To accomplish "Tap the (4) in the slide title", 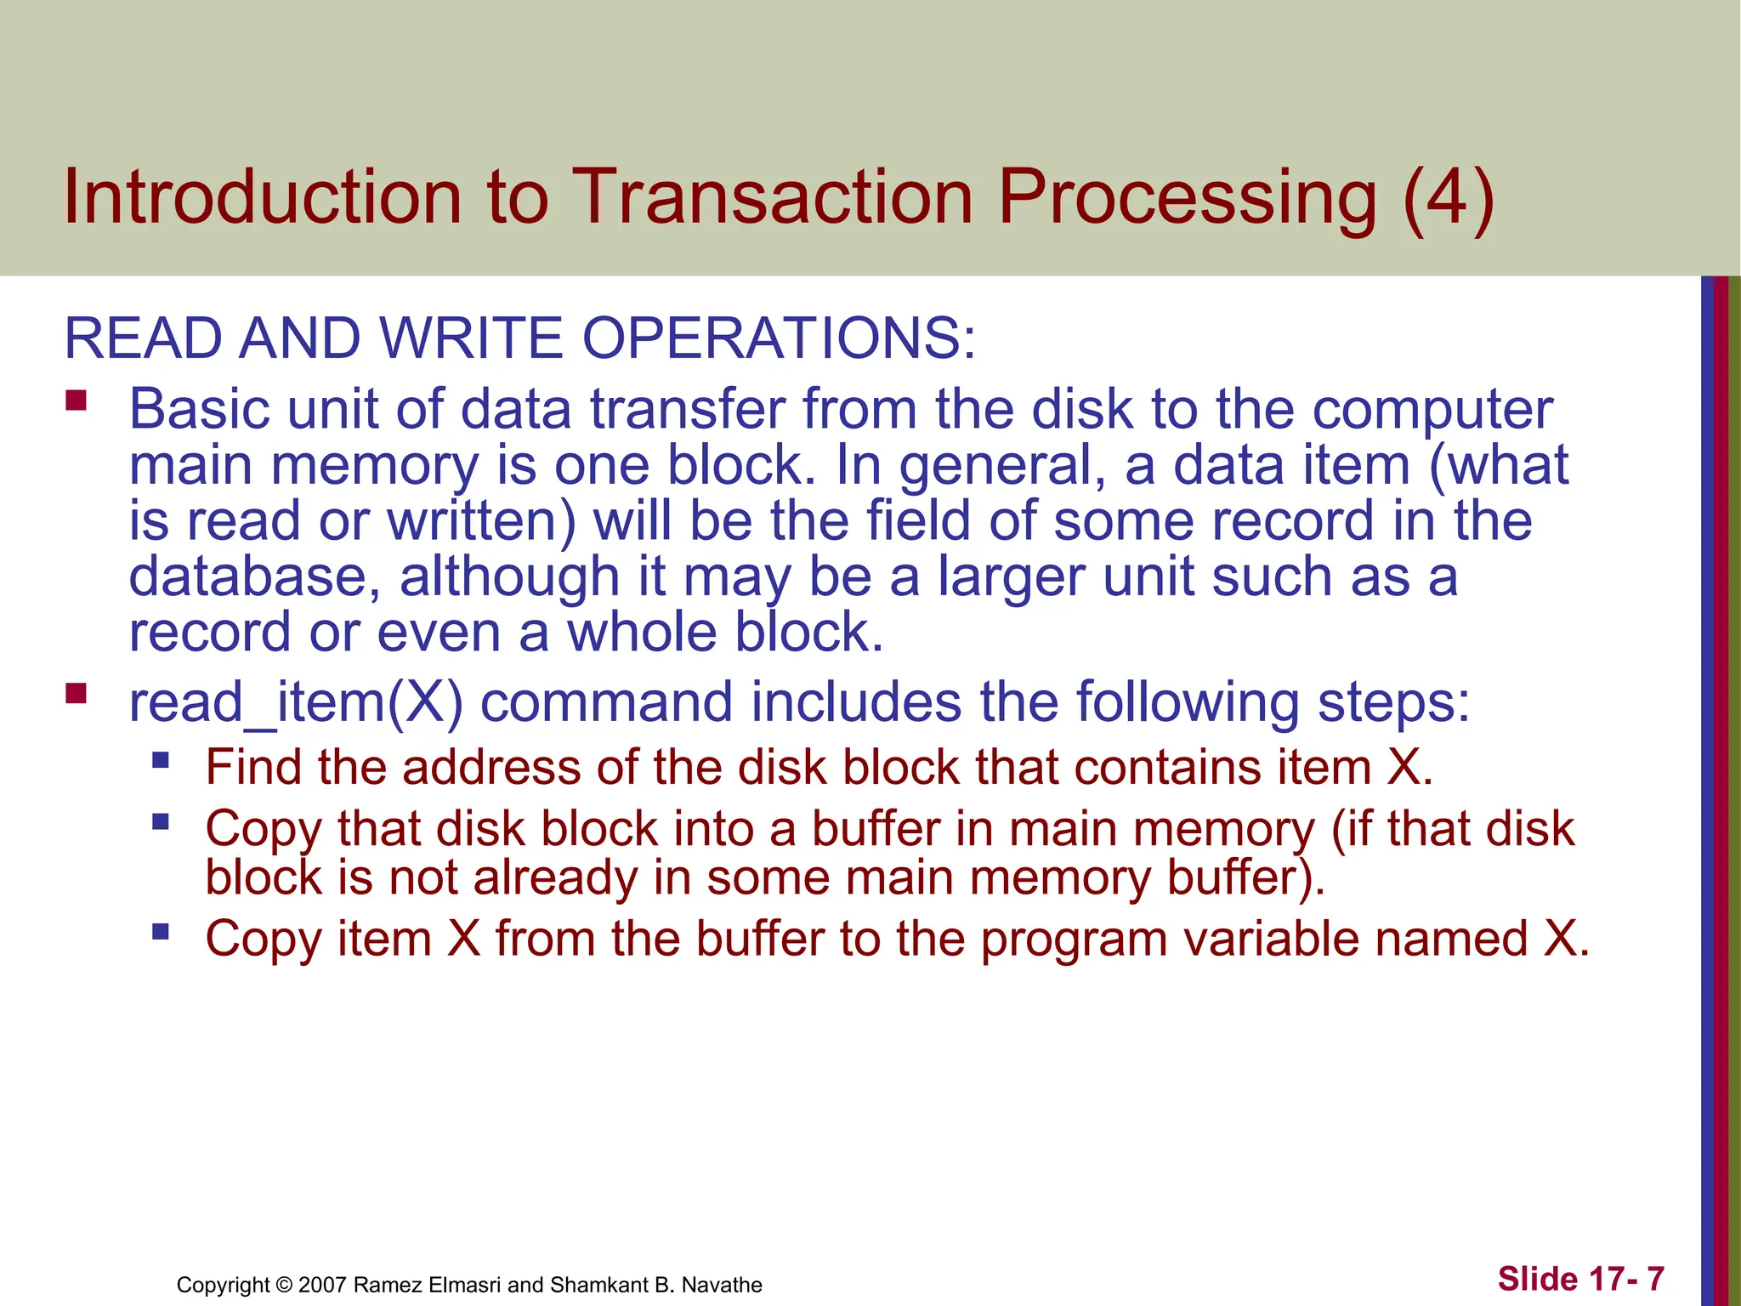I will click(1448, 197).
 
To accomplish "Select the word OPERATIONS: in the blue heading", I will click(779, 338).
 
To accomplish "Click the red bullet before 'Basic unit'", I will click(77, 400).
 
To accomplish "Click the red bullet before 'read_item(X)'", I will click(77, 694).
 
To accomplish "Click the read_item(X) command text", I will click(295, 703).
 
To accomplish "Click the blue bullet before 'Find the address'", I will click(161, 759).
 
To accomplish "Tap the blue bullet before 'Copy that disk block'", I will click(161, 821).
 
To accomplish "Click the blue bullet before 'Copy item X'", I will click(161, 932).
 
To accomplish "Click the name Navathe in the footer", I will click(722, 1285).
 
